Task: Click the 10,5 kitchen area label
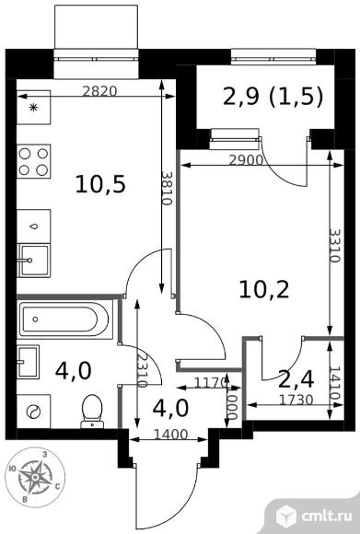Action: [100, 185]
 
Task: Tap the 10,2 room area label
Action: [264, 290]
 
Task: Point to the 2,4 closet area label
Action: [296, 379]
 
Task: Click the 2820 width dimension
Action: [99, 91]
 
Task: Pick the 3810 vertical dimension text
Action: [167, 189]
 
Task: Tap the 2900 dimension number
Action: [246, 160]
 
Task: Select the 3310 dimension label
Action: [335, 246]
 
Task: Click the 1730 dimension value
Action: [296, 400]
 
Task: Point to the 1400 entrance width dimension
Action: [170, 435]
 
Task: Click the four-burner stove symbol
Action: [34, 161]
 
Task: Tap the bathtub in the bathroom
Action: [64, 319]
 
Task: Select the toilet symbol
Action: [92, 411]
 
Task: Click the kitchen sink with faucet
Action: [34, 261]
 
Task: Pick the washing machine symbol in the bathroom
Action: [34, 412]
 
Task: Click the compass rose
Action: [35, 477]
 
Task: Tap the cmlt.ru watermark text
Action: [326, 517]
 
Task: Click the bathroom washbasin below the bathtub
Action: [28, 362]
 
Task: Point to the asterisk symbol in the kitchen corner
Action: [33, 108]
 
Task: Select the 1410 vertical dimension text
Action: [335, 383]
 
